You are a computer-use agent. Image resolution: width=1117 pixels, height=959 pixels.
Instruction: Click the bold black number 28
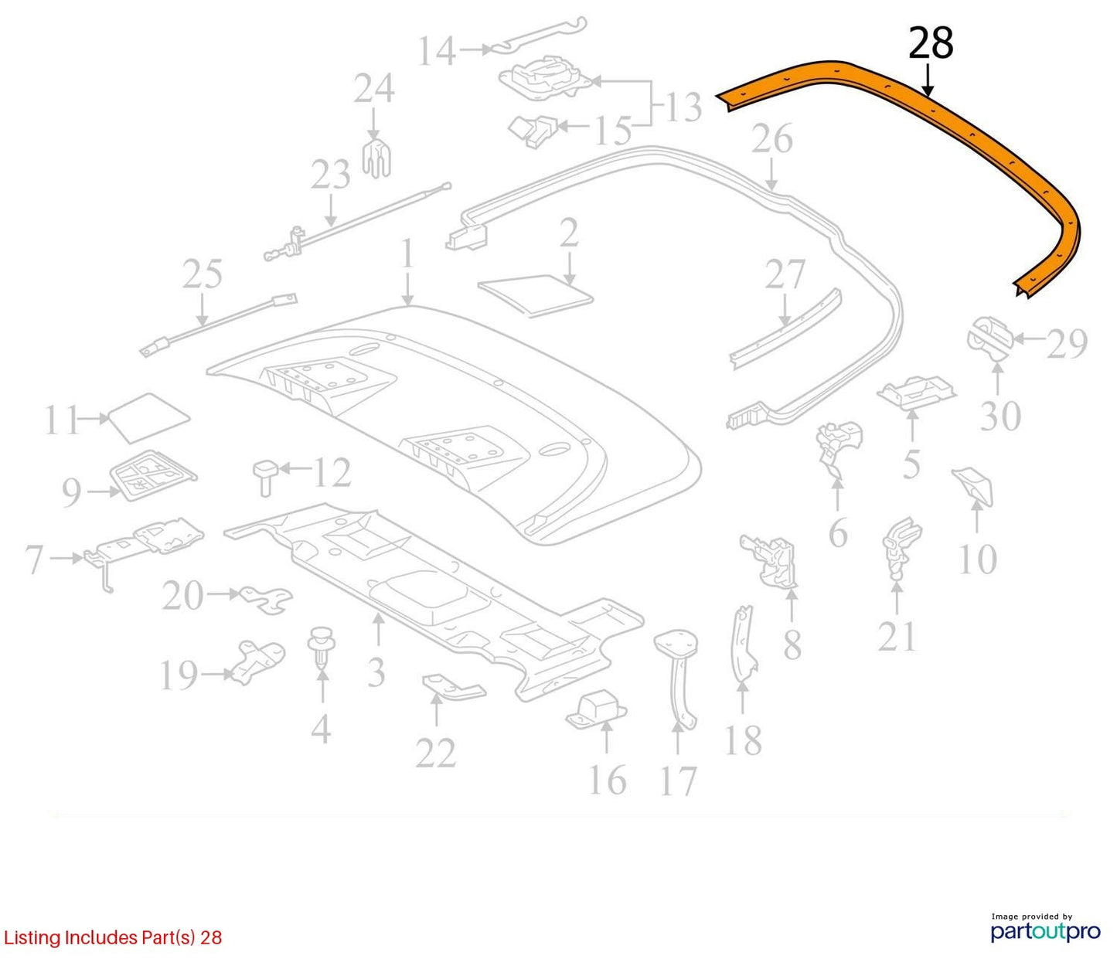pyautogui.click(x=930, y=43)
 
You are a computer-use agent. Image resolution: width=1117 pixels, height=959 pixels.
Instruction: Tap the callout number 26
pyautogui.click(x=772, y=139)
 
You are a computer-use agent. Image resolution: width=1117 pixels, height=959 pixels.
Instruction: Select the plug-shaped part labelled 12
pyautogui.click(x=265, y=478)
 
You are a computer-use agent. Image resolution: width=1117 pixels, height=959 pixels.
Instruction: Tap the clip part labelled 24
pyautogui.click(x=376, y=158)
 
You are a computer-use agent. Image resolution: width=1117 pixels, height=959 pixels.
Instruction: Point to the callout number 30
pyautogui.click(x=1000, y=416)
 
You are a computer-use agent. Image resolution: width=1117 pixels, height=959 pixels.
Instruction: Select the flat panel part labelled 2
pyautogui.click(x=535, y=294)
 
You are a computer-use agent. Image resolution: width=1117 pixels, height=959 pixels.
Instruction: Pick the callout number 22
pyautogui.click(x=436, y=753)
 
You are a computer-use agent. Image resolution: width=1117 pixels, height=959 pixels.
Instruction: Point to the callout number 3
pyautogui.click(x=376, y=672)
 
